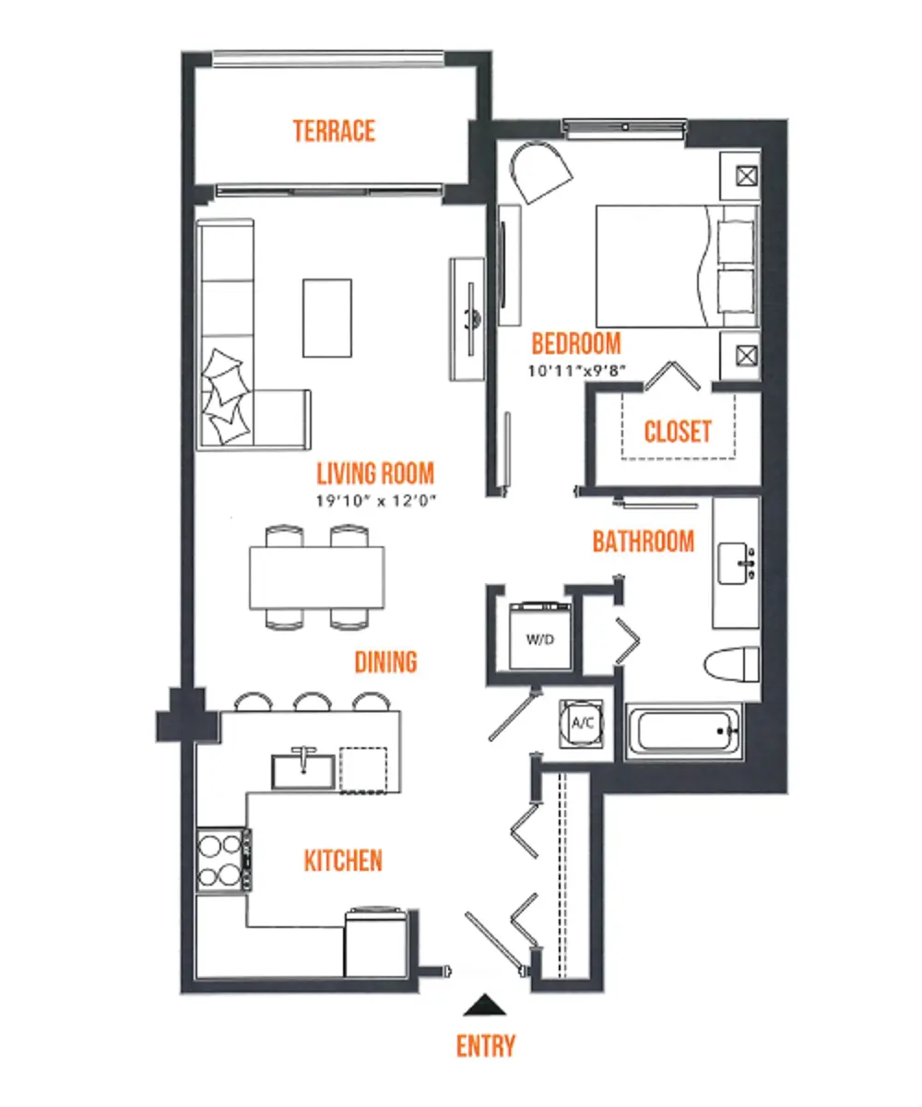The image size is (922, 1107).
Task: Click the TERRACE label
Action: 334,131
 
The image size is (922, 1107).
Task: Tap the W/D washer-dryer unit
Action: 540,636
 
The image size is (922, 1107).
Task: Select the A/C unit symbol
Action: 581,723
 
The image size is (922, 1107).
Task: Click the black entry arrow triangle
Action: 484,1005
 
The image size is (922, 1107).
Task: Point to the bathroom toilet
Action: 731,664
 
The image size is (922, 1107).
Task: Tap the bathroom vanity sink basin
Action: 733,563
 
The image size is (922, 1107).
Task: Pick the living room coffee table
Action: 327,318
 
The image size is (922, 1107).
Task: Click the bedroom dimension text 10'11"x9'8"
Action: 576,371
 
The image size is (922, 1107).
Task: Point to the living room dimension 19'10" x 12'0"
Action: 375,501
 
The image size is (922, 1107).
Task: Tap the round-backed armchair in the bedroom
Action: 539,172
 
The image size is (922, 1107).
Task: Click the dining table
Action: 317,577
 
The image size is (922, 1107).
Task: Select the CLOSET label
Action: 677,432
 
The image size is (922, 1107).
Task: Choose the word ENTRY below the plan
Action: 485,1046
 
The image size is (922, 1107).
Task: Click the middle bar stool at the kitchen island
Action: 313,701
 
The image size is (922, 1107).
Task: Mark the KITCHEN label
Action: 343,861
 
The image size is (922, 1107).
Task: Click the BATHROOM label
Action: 643,542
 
